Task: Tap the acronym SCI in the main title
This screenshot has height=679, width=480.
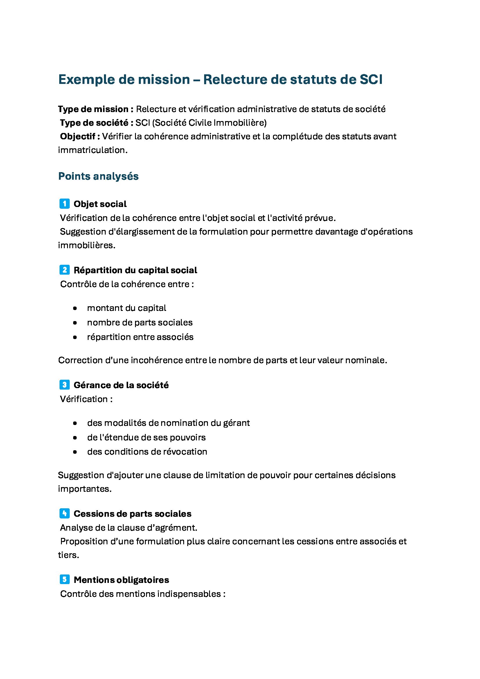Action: coord(371,80)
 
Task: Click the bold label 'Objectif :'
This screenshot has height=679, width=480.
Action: coord(80,136)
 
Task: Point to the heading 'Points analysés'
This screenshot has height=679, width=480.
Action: coord(98,176)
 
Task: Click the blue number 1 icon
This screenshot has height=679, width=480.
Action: coord(64,204)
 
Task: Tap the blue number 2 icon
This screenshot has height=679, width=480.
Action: coord(64,270)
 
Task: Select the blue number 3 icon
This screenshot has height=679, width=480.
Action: coord(64,385)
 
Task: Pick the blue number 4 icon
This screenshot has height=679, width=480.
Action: coord(64,514)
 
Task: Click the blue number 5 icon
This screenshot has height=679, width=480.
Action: coord(64,580)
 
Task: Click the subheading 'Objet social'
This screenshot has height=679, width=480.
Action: coord(100,204)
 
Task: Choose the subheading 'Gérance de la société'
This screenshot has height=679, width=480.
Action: coord(121,385)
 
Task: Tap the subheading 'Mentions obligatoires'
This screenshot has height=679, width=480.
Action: coord(121,580)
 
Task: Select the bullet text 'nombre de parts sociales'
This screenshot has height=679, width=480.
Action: coord(140,322)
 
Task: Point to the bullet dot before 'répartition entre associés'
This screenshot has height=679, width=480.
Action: coord(75,337)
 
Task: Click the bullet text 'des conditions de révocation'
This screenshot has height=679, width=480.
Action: coord(147,452)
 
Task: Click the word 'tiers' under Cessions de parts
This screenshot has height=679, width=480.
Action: coord(68,555)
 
